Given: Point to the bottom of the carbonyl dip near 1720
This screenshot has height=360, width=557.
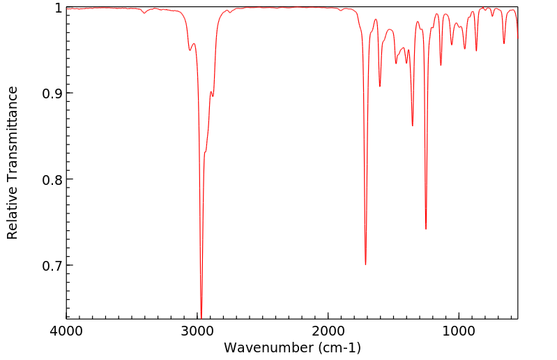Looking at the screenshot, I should [365, 264].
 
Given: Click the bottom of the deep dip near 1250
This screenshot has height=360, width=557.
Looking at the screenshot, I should [426, 229].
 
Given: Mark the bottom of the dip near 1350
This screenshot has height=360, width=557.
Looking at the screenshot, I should [413, 126].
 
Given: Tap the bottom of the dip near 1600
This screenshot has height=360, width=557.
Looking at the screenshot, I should [380, 86].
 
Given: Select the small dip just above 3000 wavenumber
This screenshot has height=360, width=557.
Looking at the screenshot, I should [190, 50].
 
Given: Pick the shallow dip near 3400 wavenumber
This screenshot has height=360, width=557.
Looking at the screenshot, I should [144, 13].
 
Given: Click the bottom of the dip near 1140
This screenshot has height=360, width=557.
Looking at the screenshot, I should [441, 66].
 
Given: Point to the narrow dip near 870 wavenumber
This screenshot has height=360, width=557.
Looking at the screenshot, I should [476, 51].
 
